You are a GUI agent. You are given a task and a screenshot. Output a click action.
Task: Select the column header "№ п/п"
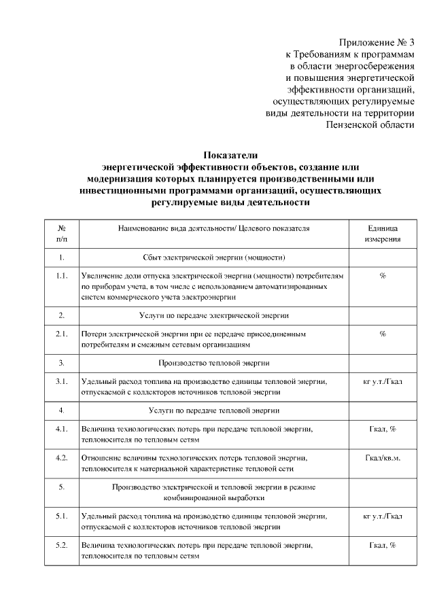coord(62,234)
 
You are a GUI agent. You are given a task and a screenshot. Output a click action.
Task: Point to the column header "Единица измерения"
coord(383,234)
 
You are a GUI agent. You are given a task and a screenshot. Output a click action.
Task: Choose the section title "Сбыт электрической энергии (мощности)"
coord(214,258)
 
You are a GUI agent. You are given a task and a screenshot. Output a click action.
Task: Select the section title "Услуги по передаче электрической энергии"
coord(214,315)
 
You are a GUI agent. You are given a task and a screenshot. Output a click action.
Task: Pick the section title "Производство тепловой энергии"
coord(214,362)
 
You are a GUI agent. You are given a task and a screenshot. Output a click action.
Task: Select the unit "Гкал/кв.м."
coord(383,457)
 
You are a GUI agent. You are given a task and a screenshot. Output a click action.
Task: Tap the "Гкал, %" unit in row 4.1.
coord(383,429)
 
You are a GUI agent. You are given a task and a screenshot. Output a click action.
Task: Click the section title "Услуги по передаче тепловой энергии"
coord(214,410)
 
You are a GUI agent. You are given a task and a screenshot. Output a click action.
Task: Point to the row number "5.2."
coord(62,545)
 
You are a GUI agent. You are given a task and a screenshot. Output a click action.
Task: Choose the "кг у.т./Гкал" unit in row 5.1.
coord(383,516)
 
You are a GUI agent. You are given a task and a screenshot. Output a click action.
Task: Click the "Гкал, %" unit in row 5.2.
coord(383,545)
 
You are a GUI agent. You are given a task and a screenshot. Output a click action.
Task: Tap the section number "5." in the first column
coord(62,487)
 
